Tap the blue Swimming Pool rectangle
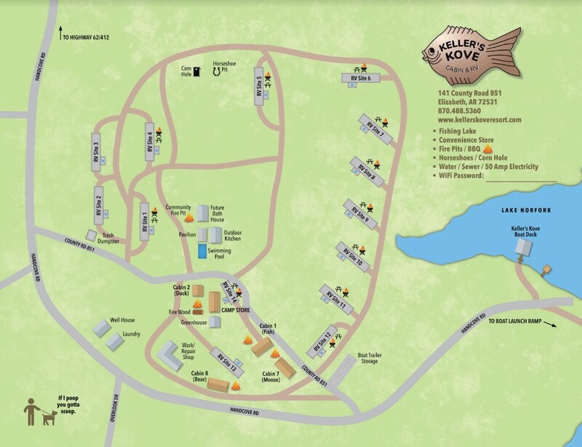coord(201,252)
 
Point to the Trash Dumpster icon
coord(91,234)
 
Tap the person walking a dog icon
coord(38,413)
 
